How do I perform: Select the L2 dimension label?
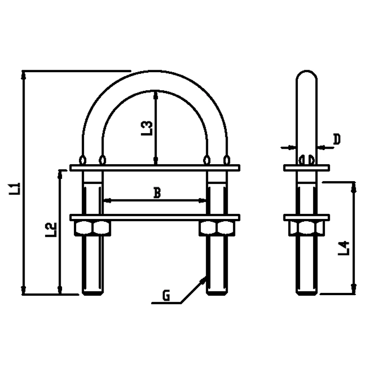click(x=52, y=229)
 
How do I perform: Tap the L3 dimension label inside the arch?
click(x=146, y=128)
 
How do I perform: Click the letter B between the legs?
click(x=156, y=193)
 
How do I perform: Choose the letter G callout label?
click(x=167, y=296)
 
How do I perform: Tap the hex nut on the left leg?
click(x=92, y=228)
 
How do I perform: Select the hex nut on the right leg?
click(x=218, y=228)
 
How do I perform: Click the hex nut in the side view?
click(x=306, y=228)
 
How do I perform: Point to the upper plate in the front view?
click(x=155, y=168)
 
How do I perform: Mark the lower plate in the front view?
click(x=155, y=217)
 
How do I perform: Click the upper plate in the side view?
click(x=306, y=168)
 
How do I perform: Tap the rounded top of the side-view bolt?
click(x=306, y=75)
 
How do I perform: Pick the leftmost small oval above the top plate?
click(x=83, y=160)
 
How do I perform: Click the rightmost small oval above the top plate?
click(x=227, y=160)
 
